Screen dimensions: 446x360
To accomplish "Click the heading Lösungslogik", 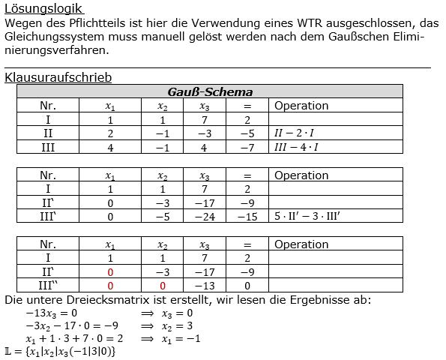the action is [x=43, y=9].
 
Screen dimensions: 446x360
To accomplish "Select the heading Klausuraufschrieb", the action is [x=58, y=77].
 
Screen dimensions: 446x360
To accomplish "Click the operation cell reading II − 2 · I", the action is [x=297, y=133].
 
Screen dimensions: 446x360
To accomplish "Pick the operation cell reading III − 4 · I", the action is [x=297, y=147].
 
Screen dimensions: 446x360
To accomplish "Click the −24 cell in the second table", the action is [x=204, y=217].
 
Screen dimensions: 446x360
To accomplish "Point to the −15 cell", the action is [x=247, y=217].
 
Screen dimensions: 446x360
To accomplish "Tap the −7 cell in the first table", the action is [x=247, y=147].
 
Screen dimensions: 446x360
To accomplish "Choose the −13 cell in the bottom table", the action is [x=204, y=286].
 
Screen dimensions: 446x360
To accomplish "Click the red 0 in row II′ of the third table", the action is [x=110, y=272].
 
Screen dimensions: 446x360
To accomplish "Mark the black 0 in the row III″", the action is [x=247, y=286].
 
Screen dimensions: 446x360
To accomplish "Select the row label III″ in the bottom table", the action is [x=49, y=286].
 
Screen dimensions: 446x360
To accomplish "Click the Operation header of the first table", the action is [x=301, y=106].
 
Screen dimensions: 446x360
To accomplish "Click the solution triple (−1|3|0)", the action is [x=89, y=351].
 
